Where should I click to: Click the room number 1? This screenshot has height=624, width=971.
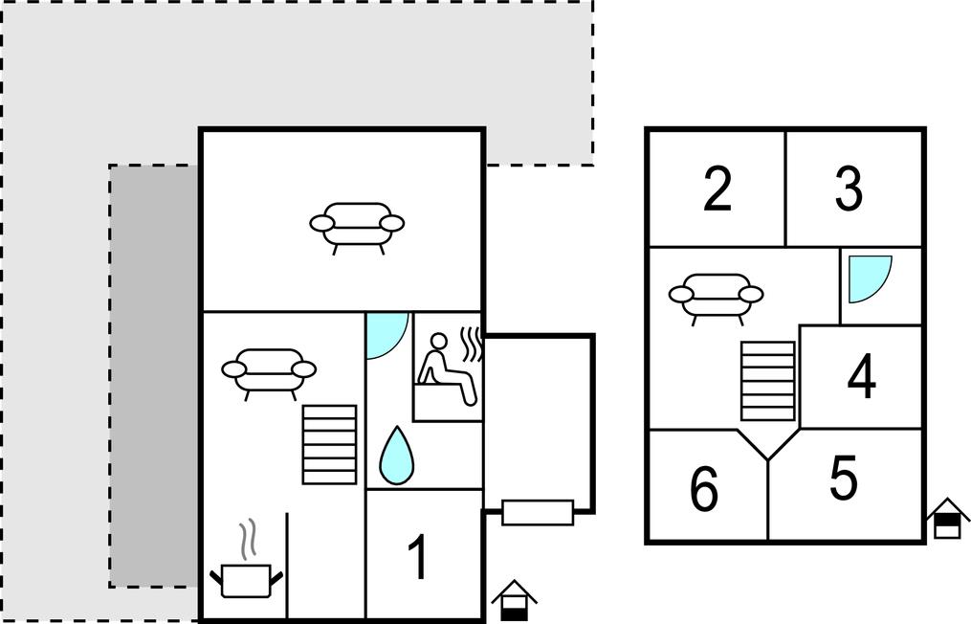click(x=418, y=557)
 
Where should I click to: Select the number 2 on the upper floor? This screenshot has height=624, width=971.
click(x=717, y=189)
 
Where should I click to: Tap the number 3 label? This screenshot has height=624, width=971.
click(x=849, y=189)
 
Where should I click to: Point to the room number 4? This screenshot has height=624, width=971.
click(x=862, y=376)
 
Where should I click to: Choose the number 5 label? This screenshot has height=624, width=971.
click(x=844, y=478)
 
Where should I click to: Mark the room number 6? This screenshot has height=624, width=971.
click(x=704, y=489)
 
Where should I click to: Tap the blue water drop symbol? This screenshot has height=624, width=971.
click(x=396, y=456)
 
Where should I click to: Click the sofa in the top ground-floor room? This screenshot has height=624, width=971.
click(x=357, y=228)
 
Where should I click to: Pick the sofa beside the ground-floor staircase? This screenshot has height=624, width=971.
click(x=269, y=374)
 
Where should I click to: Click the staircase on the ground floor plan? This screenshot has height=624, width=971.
click(x=329, y=445)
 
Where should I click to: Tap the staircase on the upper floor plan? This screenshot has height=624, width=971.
click(x=768, y=381)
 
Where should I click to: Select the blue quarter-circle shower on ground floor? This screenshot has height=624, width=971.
click(x=387, y=337)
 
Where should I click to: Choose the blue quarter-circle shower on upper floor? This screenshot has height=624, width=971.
click(x=870, y=279)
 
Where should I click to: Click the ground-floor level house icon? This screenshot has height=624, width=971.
click(x=514, y=600)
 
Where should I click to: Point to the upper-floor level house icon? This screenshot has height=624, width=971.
click(x=947, y=518)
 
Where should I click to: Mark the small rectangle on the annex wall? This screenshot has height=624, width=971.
click(x=538, y=512)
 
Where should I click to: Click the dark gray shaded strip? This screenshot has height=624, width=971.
click(x=155, y=376)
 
